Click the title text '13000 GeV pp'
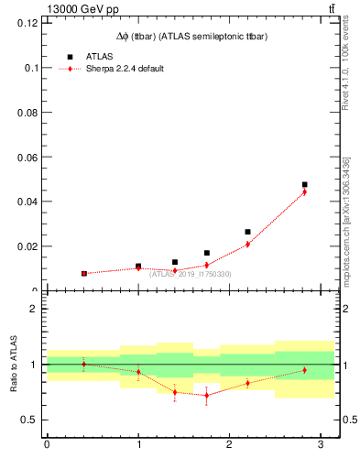pyautogui.click(x=78, y=9)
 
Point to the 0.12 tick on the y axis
pyautogui.click(x=27, y=23)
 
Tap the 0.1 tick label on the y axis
pyautogui.click(x=32, y=68)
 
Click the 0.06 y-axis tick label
pyautogui.click(x=27, y=157)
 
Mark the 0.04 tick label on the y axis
pyautogui.click(x=27, y=202)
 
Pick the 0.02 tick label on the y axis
pyautogui.click(x=27, y=246)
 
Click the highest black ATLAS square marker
pyautogui.click(x=305, y=185)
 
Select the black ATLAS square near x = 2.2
pyautogui.click(x=247, y=232)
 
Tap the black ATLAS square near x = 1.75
pyautogui.click(x=207, y=253)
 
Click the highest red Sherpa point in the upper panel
pyautogui.click(x=305, y=191)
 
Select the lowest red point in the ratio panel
pyautogui.click(x=207, y=395)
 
